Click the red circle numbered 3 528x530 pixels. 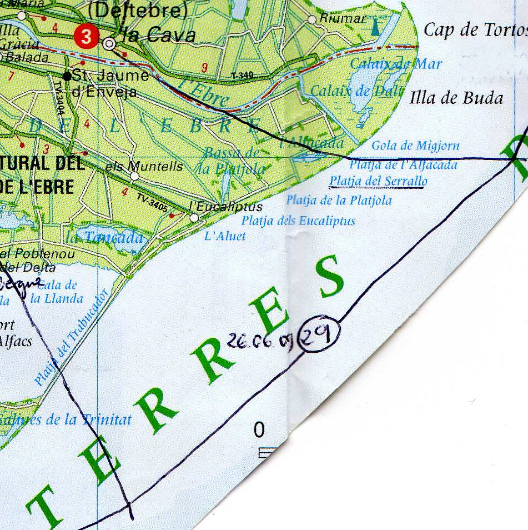pos(85,37)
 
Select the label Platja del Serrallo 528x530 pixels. pos(378,181)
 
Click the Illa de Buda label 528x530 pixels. pos(456,98)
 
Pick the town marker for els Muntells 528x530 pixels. pos(134,176)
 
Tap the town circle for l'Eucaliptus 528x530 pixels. pos(194,218)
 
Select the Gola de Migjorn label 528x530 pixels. pos(415,146)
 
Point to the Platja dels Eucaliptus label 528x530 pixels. pos(298,221)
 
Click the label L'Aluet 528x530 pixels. pos(225,236)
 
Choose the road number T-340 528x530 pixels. pos(242,74)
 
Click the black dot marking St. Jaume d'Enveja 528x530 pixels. pos(67,76)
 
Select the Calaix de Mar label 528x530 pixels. pos(396,64)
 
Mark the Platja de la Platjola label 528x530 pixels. pos(339,200)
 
